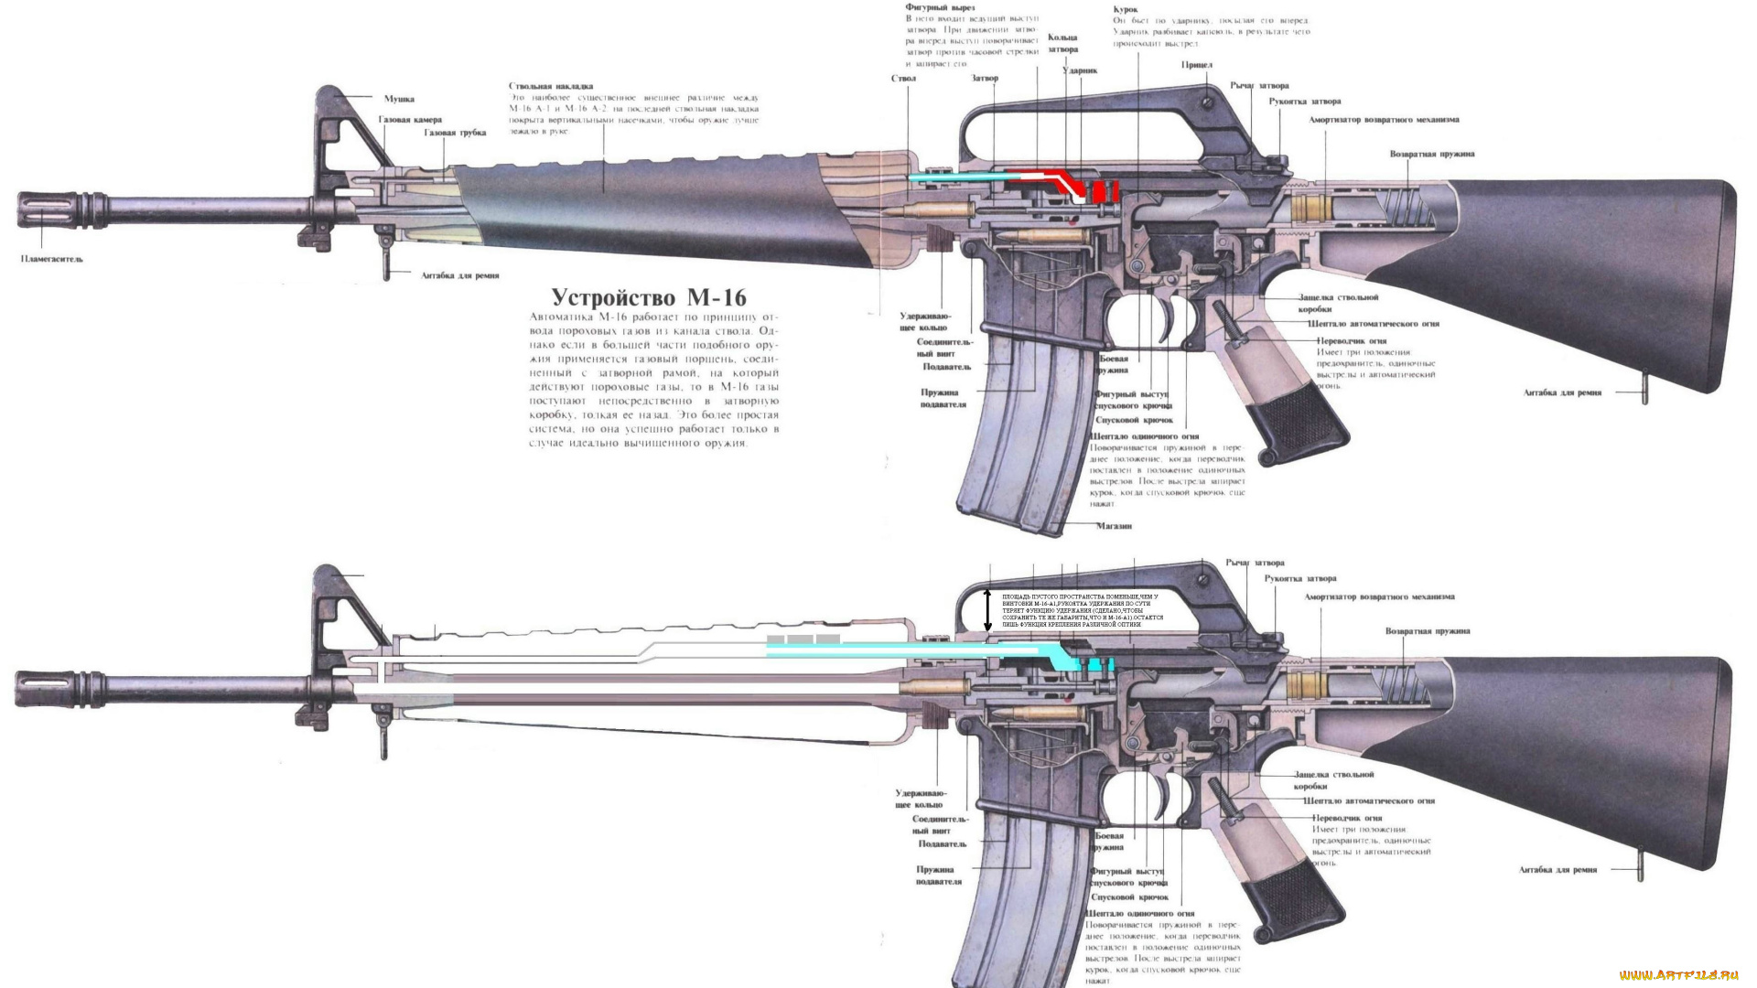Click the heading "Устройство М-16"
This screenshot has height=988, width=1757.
coord(649,297)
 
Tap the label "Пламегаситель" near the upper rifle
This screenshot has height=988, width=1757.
coord(52,259)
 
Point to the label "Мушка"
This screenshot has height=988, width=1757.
coord(399,99)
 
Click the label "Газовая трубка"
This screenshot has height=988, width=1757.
coord(455,133)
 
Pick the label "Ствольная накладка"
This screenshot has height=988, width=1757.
coord(551,86)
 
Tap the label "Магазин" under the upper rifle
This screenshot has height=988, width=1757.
coord(1115,526)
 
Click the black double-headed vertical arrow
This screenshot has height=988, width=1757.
coord(987,610)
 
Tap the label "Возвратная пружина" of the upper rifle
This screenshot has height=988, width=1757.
coord(1432,154)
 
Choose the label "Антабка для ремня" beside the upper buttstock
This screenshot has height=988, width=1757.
coord(1562,392)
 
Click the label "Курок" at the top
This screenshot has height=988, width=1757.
coord(1126,9)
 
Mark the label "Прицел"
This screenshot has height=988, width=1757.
coord(1197,65)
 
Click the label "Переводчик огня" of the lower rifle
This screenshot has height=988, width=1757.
coord(1347,818)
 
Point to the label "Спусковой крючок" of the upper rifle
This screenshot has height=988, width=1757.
coord(1134,420)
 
